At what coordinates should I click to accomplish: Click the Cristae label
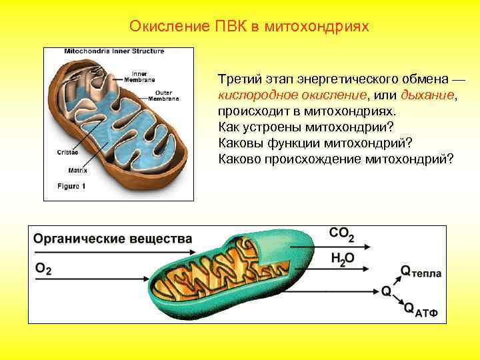67,152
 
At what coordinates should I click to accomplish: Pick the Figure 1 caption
71,186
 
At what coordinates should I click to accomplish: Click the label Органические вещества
113,239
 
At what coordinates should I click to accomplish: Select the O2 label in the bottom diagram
43,269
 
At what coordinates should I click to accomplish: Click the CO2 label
342,235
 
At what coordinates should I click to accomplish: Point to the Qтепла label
421,271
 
